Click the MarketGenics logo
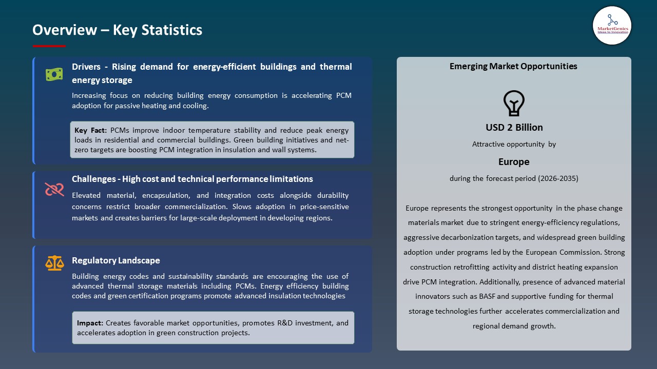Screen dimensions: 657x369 612,25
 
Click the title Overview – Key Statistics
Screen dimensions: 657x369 117,30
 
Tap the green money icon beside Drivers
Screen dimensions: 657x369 54,74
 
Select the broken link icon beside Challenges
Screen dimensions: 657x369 54,190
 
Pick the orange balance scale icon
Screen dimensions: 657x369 54,263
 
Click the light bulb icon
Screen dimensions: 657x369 513,103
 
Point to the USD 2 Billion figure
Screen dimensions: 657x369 514,128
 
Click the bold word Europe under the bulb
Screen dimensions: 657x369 513,162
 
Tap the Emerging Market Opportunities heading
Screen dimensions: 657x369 513,66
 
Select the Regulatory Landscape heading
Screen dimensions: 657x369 116,260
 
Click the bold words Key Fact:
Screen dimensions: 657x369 91,130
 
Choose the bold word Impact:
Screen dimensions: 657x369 90,323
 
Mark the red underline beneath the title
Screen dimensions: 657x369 49,46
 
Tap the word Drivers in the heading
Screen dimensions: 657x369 86,67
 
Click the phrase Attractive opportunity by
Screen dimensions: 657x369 514,145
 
